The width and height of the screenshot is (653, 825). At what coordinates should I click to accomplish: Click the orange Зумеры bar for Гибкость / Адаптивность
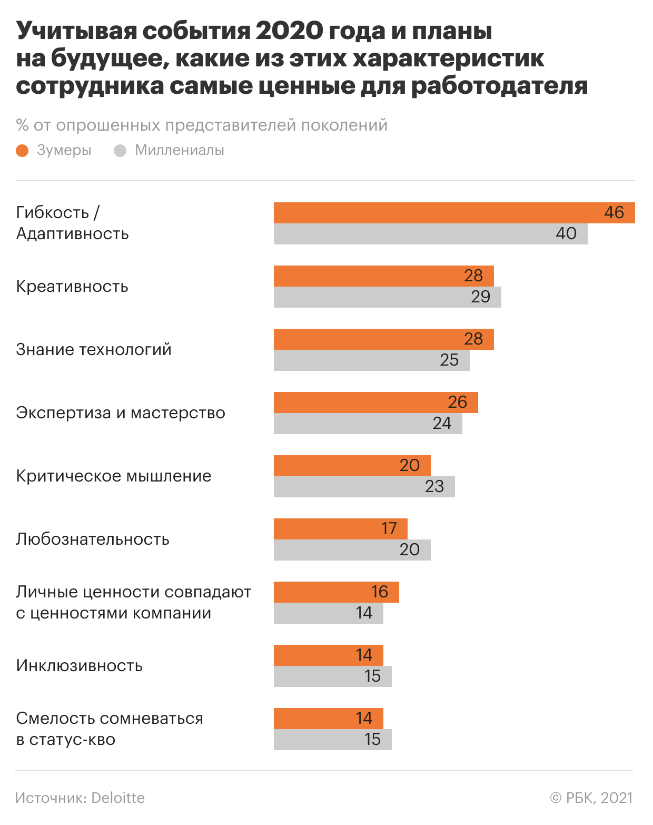coord(437,213)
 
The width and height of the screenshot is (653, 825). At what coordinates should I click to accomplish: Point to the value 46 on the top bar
coord(614,213)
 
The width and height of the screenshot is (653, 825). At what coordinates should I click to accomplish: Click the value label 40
coord(566,234)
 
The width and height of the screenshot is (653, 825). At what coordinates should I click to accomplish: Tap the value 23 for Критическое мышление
coord(434,487)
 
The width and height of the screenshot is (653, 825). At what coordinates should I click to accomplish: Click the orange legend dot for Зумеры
coord(22,151)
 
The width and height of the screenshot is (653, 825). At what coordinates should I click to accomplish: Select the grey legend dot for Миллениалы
coord(120,151)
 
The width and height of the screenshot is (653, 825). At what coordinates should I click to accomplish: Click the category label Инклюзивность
coord(80,666)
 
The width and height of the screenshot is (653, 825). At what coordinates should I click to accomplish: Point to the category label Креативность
coord(72,287)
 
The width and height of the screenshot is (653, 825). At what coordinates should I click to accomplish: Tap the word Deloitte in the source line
coord(118,798)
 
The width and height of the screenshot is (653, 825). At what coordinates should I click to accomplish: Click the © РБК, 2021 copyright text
coord(591,798)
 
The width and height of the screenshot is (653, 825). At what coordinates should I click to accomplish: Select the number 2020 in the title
coord(289,32)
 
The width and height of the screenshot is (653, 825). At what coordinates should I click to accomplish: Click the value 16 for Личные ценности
coord(379,592)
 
